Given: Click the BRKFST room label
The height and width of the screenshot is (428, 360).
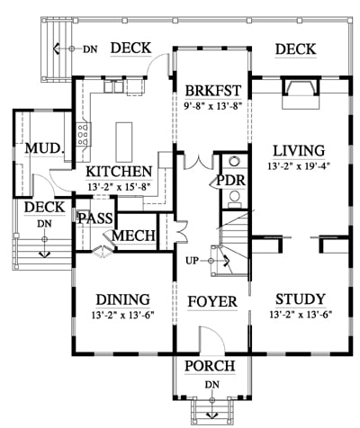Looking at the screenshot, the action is coord(213,90).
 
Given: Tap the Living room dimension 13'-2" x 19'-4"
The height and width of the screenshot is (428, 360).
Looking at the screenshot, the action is coord(299,166).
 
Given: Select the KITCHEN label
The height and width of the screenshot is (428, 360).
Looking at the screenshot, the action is coord(119,172).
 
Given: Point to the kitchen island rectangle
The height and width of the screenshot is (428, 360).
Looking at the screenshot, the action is coord(124,142).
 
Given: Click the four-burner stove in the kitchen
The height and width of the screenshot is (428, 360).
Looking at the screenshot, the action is coord(83,134).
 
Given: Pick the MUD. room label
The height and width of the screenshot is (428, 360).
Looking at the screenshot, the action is coord(45,148).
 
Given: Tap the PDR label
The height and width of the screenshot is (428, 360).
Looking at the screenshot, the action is coord(231,181).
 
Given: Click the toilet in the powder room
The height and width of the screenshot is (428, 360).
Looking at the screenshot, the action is coord(234,199).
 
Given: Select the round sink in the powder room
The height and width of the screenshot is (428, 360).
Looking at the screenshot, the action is coord(234,161).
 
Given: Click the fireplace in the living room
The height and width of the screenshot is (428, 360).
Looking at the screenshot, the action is coord(301,92).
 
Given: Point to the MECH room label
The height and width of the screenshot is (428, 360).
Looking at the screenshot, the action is coord(133,236).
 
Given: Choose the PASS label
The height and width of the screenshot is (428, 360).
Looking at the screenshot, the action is coord(95,218).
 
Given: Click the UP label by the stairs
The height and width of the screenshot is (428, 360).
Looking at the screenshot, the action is coord(192,261).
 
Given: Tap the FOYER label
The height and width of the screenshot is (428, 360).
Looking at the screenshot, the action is coord(212,301).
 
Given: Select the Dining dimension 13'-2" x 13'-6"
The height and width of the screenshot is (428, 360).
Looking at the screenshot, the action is coord(123,316).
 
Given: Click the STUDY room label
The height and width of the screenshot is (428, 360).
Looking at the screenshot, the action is coord(301,299).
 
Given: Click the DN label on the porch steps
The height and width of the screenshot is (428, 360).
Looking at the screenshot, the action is coord(212,384).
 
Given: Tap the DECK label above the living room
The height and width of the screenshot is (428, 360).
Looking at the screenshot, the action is coord(295,49).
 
